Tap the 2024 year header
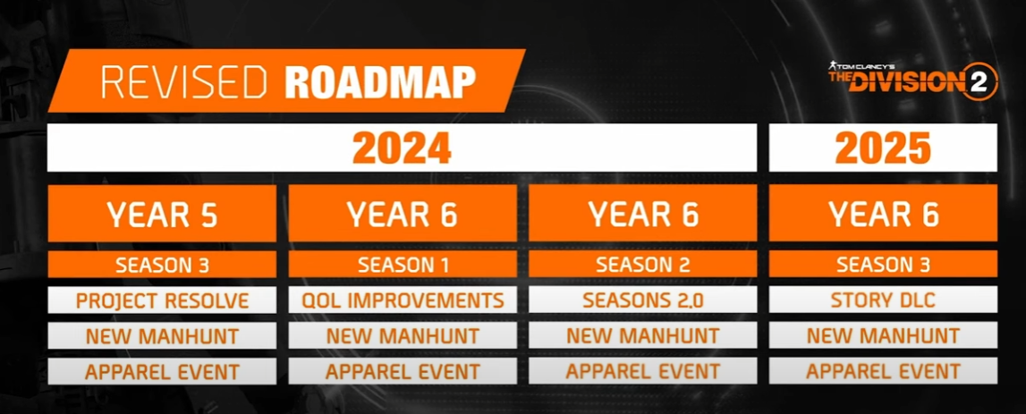tap(402, 148)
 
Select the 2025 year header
tap(883, 148)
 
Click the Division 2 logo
tap(912, 80)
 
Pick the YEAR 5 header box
tap(162, 213)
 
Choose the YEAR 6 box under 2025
tap(883, 213)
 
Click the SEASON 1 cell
tap(403, 265)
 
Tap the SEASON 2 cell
tap(642, 265)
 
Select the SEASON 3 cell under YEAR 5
tap(162, 265)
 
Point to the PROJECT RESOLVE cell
tap(162, 300)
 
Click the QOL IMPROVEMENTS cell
tap(403, 300)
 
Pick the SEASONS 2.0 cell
tap(642, 300)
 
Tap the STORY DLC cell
tap(883, 300)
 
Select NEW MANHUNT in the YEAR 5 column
tap(162, 335)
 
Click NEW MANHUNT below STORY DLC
tap(883, 335)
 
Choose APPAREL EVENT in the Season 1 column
tap(403, 371)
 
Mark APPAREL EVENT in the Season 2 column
tap(642, 371)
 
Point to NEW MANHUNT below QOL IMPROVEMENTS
tap(403, 335)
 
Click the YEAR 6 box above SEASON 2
tap(642, 213)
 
